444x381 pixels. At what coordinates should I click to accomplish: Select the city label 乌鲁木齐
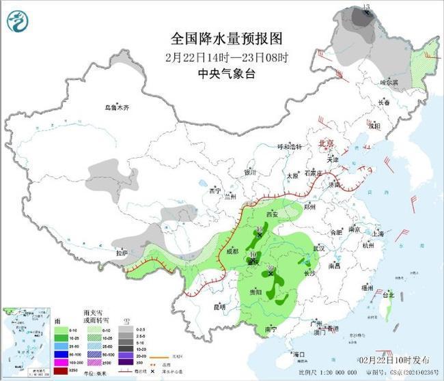(116, 107)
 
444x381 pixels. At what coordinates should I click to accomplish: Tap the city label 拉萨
(122, 253)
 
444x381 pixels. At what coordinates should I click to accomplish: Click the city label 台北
(387, 295)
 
